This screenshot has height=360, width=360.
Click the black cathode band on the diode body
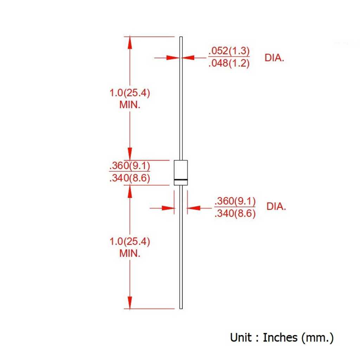pyautogui.click(x=181, y=180)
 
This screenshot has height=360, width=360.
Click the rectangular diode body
pyautogui.click(x=181, y=173)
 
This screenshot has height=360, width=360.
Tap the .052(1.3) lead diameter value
pyautogui.click(x=229, y=51)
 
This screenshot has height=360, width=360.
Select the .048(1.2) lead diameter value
pyautogui.click(x=229, y=63)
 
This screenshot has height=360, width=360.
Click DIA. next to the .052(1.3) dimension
pyautogui.click(x=274, y=58)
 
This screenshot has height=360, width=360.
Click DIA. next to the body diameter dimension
pyautogui.click(x=276, y=207)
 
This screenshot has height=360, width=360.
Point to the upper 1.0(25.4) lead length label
pyautogui.click(x=130, y=93)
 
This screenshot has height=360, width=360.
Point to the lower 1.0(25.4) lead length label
pyautogui.click(x=130, y=241)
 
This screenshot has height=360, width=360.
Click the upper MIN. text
pyautogui.click(x=130, y=105)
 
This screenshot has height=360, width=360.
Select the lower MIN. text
pyautogui.click(x=130, y=253)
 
